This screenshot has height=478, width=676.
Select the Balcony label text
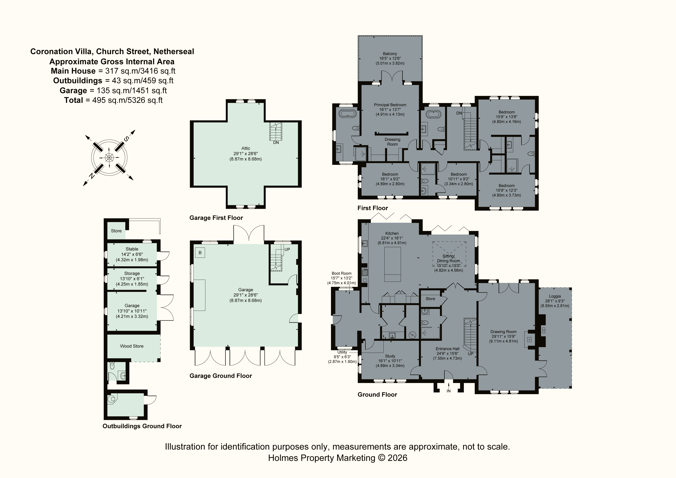[x=390, y=54]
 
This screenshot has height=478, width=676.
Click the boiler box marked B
[x=200, y=253]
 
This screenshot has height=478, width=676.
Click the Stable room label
[x=132, y=249]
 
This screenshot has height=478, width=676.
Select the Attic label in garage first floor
[x=246, y=148]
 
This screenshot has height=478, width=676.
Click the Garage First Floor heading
[x=216, y=218]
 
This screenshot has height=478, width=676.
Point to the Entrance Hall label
[x=447, y=349]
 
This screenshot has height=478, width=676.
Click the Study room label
[x=390, y=356]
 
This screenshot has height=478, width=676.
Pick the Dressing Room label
[x=392, y=142]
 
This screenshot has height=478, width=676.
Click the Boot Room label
[x=342, y=273]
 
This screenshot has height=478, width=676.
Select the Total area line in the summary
[x=113, y=100]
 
